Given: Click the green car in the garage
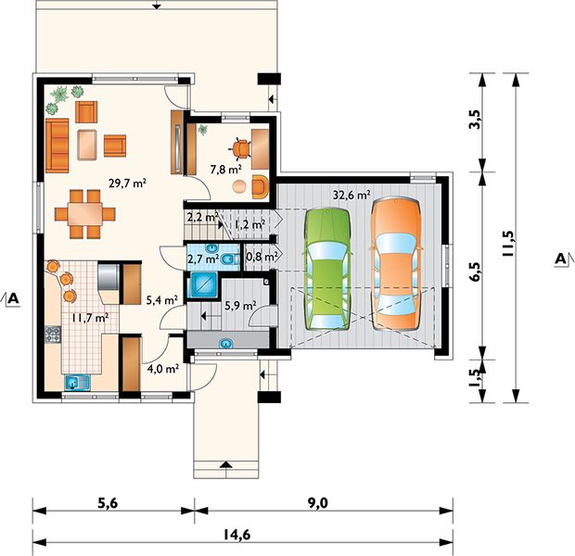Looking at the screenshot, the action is [326, 270].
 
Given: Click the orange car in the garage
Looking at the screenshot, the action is [396, 264].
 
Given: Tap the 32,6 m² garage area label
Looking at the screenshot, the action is [351, 195].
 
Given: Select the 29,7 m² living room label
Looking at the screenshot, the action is [128, 183].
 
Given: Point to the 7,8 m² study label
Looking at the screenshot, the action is [226, 169].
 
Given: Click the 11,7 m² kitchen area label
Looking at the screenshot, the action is [90, 318].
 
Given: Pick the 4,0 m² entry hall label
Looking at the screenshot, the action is [163, 368].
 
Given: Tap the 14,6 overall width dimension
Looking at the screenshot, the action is [236, 535].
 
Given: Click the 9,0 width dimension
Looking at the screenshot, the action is [318, 503].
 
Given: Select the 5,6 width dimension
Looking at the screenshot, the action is [108, 503].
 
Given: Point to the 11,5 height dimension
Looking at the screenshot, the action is [508, 243].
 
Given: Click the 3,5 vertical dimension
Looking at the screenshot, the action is [475, 120].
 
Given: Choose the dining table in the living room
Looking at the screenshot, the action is [85, 214].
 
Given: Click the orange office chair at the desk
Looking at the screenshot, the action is [240, 148].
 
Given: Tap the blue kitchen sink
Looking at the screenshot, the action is [78, 383].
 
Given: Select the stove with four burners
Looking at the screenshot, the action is [53, 334].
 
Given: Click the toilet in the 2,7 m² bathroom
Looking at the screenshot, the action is [228, 259].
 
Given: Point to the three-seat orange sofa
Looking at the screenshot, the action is [57, 145].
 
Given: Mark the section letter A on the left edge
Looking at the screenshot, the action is [14, 298].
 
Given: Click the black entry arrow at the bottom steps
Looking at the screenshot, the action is [226, 465].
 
